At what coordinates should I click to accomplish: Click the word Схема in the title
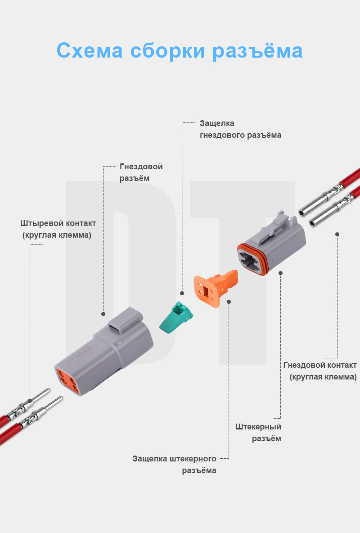tap(90, 50)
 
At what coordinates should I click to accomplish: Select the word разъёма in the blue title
tap(257, 50)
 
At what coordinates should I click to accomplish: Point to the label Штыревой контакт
tap(58, 223)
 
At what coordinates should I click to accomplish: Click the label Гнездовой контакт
tap(320, 365)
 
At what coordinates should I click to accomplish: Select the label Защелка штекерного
tap(175, 459)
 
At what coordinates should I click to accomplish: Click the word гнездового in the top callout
tap(223, 135)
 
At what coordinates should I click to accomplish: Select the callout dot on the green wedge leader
tap(182, 293)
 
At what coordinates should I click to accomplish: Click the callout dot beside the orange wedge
tap(229, 302)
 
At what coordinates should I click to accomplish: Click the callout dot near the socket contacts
tap(337, 234)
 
